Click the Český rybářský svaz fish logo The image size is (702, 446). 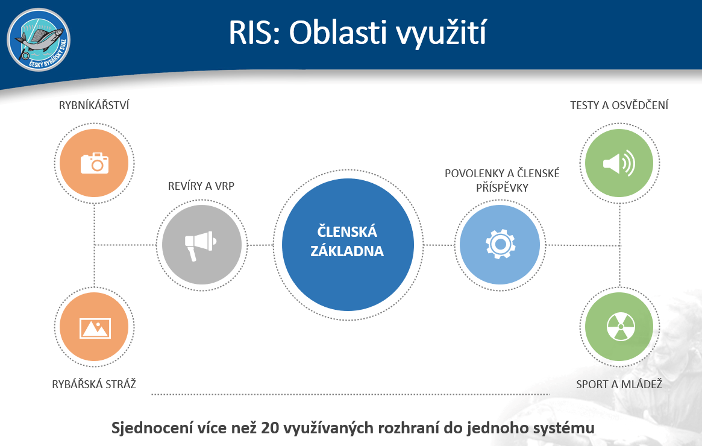[x=39, y=40]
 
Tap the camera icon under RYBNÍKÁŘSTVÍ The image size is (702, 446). [x=95, y=163]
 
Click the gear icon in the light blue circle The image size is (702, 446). [x=501, y=244]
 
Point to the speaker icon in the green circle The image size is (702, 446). [x=619, y=163]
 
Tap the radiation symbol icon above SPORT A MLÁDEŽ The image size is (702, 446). [x=621, y=326]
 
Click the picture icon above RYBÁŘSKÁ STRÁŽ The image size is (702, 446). [x=95, y=328]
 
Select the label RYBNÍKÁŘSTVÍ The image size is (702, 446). [x=94, y=105]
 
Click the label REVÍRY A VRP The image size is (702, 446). [x=201, y=186]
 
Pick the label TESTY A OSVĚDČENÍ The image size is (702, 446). [x=619, y=105]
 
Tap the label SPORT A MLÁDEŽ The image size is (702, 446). [x=619, y=384]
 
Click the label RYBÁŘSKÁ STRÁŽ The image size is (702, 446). [x=94, y=384]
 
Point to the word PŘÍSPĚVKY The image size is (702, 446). [x=502, y=187]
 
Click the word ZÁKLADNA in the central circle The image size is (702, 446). [x=347, y=251]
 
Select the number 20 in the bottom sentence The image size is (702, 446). [x=269, y=428]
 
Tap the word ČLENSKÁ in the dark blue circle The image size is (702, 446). [x=347, y=231]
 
